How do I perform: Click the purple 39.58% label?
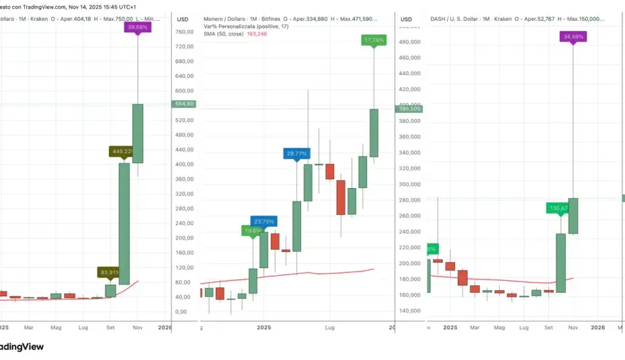point(137,28)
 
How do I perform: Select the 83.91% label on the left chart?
point(110,272)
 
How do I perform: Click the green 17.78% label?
point(374,40)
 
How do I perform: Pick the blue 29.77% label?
point(296,153)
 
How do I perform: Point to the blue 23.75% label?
point(263,221)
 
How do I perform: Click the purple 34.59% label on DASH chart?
point(573,37)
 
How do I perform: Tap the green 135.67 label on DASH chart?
point(559,208)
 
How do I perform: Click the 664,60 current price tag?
point(184,104)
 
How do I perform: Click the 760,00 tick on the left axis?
point(184,32)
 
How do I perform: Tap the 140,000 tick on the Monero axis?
point(411,310)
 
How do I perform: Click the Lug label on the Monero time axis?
point(329,327)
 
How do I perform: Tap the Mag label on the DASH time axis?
point(499,327)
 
